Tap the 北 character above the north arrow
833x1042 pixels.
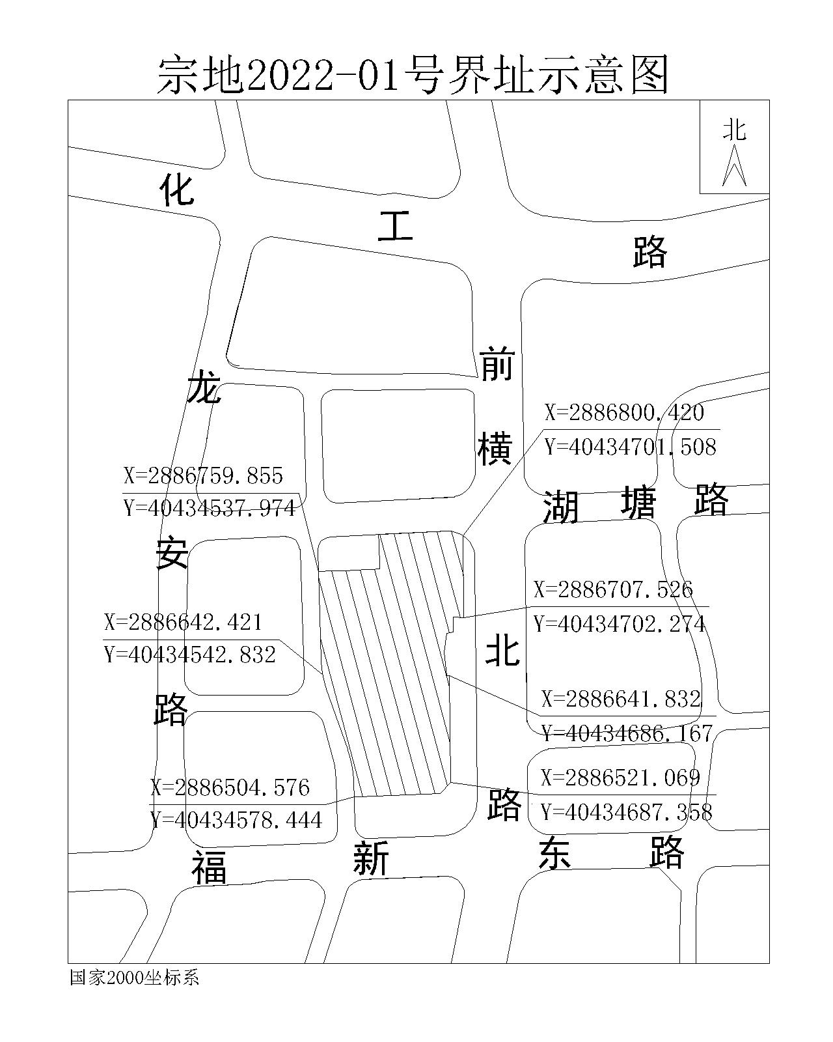734,130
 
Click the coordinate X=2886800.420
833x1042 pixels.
624,412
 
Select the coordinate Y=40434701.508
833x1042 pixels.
630,447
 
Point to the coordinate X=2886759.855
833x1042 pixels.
203,475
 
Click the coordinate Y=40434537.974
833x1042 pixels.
210,508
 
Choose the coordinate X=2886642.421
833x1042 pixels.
183,622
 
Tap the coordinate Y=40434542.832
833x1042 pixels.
190,655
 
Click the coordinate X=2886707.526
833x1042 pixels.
614,589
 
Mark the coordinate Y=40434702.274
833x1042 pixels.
620,624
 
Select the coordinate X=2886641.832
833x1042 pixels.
621,699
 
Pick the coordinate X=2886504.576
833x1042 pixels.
230,787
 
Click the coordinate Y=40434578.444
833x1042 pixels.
236,819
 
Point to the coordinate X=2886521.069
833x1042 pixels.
620,778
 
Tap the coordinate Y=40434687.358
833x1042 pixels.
627,812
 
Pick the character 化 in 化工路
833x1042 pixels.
177,190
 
